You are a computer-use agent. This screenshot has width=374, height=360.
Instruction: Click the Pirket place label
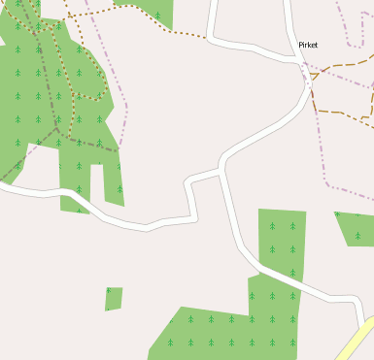point(308,45)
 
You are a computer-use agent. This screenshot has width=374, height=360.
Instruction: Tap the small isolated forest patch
point(114,299)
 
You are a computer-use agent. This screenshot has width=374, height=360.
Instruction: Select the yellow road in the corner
point(357,343)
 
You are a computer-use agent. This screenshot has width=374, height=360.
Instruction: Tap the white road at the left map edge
point(4,188)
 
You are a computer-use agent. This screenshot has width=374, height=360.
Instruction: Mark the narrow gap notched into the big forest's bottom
point(97,184)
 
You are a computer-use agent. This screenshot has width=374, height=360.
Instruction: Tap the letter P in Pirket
point(301,45)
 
